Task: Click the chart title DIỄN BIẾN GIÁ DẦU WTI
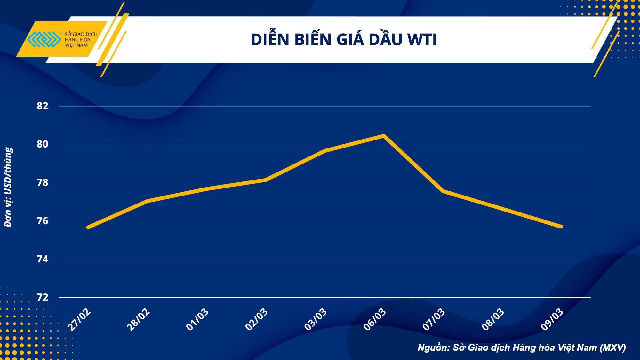[x=344, y=40]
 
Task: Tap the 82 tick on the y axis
[x=43, y=106]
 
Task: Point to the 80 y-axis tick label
[x=43, y=144]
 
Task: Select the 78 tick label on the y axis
[x=43, y=183]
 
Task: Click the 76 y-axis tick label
[x=43, y=221]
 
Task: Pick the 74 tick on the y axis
[x=43, y=259]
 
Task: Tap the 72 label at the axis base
[x=43, y=298]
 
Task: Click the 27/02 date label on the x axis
[x=79, y=320]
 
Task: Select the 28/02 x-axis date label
[x=138, y=320]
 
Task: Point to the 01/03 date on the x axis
[x=197, y=320]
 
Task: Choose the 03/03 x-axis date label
[x=316, y=320]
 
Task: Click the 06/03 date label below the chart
[x=375, y=320]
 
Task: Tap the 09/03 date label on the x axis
[x=552, y=320]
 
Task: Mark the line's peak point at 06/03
[x=384, y=136]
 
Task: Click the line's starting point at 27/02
[x=88, y=227]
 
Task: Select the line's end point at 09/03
[x=561, y=227]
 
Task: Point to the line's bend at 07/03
[x=443, y=191]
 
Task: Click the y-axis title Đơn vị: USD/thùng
[x=8, y=187]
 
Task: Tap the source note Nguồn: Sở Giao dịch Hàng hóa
[x=522, y=348]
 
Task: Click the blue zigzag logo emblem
[x=44, y=39]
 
